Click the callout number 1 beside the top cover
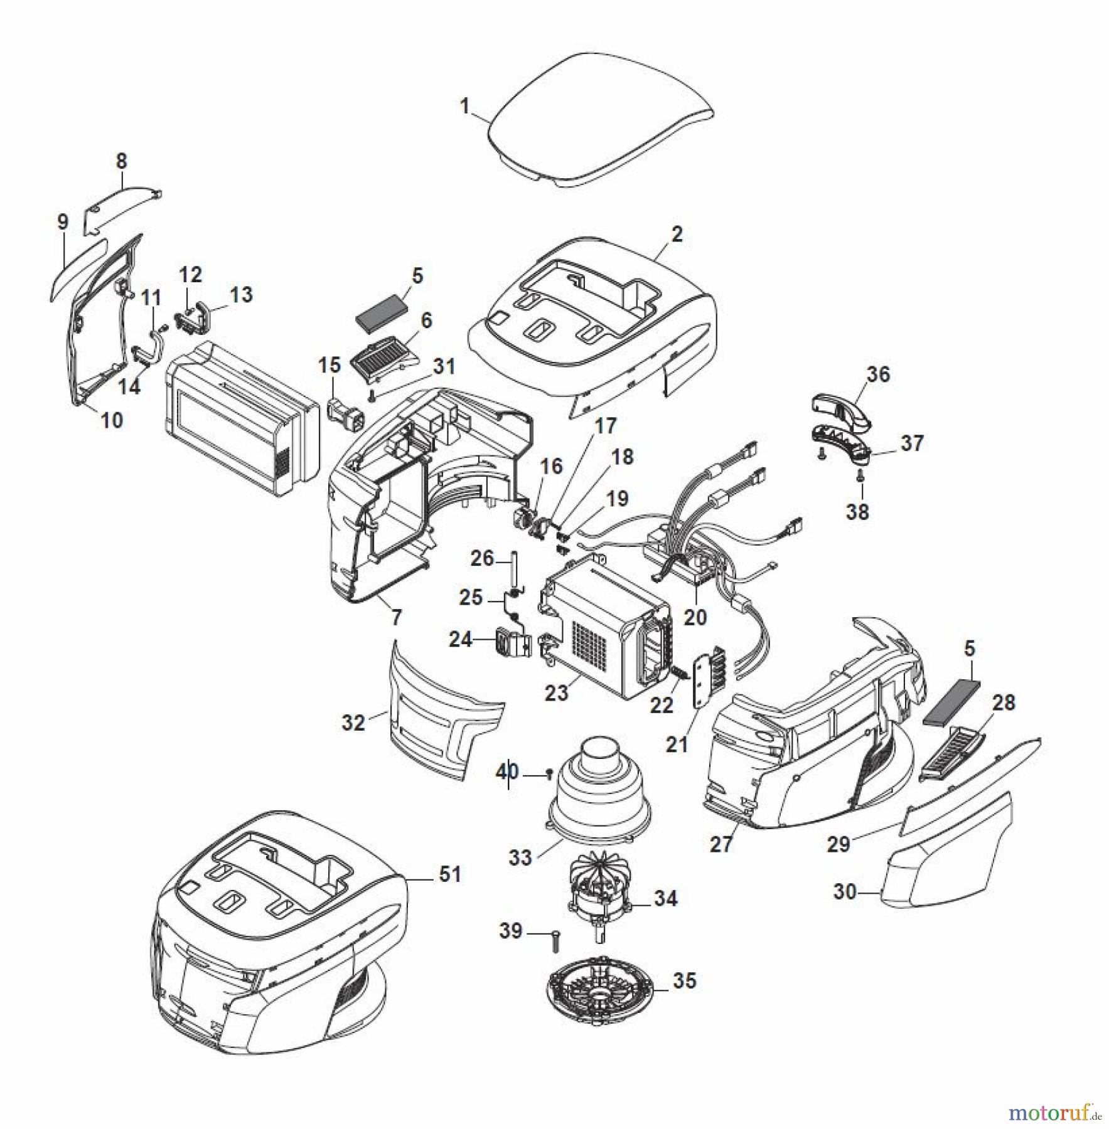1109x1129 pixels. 464,107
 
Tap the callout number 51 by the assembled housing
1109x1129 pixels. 449,874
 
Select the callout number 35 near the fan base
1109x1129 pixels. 684,980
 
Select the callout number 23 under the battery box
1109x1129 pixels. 556,692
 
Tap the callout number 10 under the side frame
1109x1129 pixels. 112,420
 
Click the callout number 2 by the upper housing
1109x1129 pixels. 676,235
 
